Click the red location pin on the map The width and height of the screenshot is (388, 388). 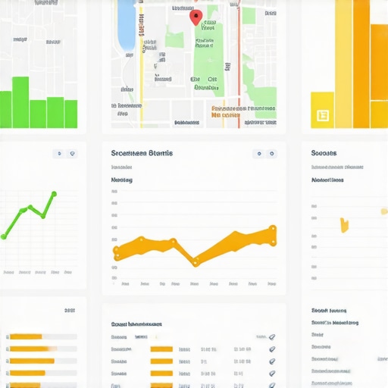click(195, 17)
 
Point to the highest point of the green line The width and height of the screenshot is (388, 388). click(54, 194)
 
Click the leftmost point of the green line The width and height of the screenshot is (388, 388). click(4, 236)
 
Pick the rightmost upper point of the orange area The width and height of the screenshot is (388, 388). click(273, 228)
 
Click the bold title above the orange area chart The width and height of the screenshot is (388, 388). click(141, 153)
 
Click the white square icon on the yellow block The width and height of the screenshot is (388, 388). click(322, 115)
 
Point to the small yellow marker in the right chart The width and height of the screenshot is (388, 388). click(345, 224)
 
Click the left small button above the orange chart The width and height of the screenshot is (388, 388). click(259, 153)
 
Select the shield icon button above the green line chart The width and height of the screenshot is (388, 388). click(72, 153)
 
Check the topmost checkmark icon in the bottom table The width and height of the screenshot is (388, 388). click(272, 336)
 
